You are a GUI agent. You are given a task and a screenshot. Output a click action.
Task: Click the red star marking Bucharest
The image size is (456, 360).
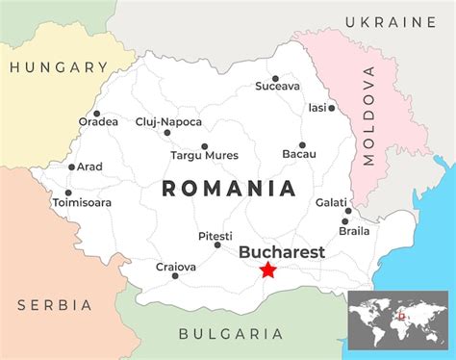(x=267, y=270)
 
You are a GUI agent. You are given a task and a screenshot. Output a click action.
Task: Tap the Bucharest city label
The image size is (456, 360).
(x=281, y=252)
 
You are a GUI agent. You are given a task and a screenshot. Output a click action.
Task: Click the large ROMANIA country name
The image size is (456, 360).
(x=228, y=189)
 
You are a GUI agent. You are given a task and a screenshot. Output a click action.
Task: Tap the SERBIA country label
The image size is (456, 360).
(x=54, y=305)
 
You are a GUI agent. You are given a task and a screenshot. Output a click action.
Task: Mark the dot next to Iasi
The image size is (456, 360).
(x=332, y=108)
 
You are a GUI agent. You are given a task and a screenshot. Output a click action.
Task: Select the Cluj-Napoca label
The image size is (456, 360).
(x=169, y=121)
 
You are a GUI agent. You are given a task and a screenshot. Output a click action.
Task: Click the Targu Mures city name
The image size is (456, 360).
(x=204, y=155)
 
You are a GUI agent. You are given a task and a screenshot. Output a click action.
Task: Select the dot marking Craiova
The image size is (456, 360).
(x=174, y=277)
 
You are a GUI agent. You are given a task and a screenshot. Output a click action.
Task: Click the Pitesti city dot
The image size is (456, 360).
(x=215, y=248)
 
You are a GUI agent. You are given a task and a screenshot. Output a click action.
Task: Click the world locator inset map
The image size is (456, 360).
(x=397, y=319)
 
